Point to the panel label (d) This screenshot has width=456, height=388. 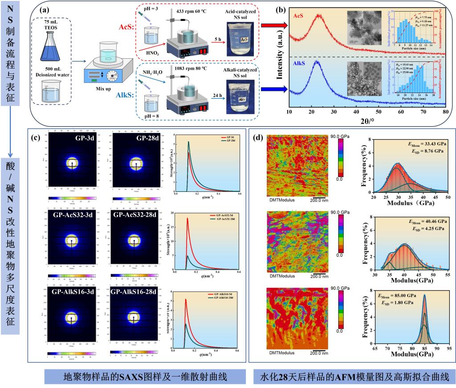(258, 137)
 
